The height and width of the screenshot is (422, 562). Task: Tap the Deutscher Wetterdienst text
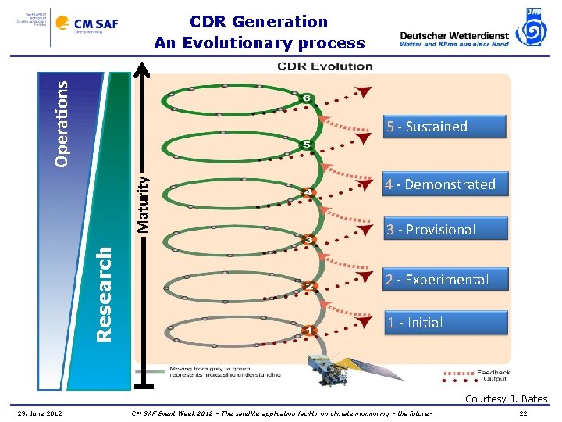454,35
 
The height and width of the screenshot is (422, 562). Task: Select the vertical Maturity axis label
144,202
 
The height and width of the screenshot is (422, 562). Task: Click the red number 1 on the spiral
309,331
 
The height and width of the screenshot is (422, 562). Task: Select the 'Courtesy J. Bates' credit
506,399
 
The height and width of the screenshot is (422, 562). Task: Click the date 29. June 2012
41,413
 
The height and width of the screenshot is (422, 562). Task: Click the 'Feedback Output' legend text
493,375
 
